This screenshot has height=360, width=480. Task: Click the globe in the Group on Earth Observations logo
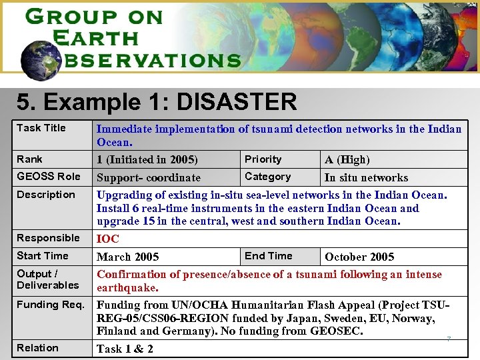tap(40, 57)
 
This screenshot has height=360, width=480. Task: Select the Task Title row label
tap(41, 128)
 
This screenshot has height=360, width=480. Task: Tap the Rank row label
tap(29, 159)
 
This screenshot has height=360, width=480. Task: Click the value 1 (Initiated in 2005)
tap(147, 160)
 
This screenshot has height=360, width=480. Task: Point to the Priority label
tap(263, 159)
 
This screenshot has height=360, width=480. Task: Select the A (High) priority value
tap(347, 160)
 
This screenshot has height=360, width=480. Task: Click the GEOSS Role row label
tap(48, 177)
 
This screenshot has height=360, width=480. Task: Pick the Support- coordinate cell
tap(149, 178)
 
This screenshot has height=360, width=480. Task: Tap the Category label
tap(267, 177)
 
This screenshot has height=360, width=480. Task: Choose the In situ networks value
tap(366, 178)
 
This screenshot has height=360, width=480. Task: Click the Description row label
tap(46, 195)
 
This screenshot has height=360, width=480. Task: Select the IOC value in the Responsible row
tap(108, 239)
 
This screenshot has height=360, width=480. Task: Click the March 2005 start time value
tap(128, 257)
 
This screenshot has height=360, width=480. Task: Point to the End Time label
tap(268, 256)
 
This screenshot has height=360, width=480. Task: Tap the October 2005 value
tap(359, 257)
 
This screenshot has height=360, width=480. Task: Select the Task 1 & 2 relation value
tap(125, 349)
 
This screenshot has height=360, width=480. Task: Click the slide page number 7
tap(449, 339)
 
